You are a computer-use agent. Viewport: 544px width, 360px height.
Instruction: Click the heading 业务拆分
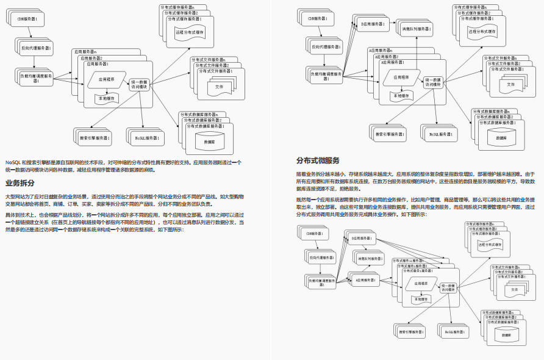coord(20,183)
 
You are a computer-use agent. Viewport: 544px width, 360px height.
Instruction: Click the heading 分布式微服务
coord(318,160)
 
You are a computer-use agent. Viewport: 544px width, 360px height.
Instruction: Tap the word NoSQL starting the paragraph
coord(12,162)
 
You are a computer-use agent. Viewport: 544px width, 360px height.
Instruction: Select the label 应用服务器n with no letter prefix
coord(85,52)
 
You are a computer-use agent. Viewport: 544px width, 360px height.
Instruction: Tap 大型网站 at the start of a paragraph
coord(16,196)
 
